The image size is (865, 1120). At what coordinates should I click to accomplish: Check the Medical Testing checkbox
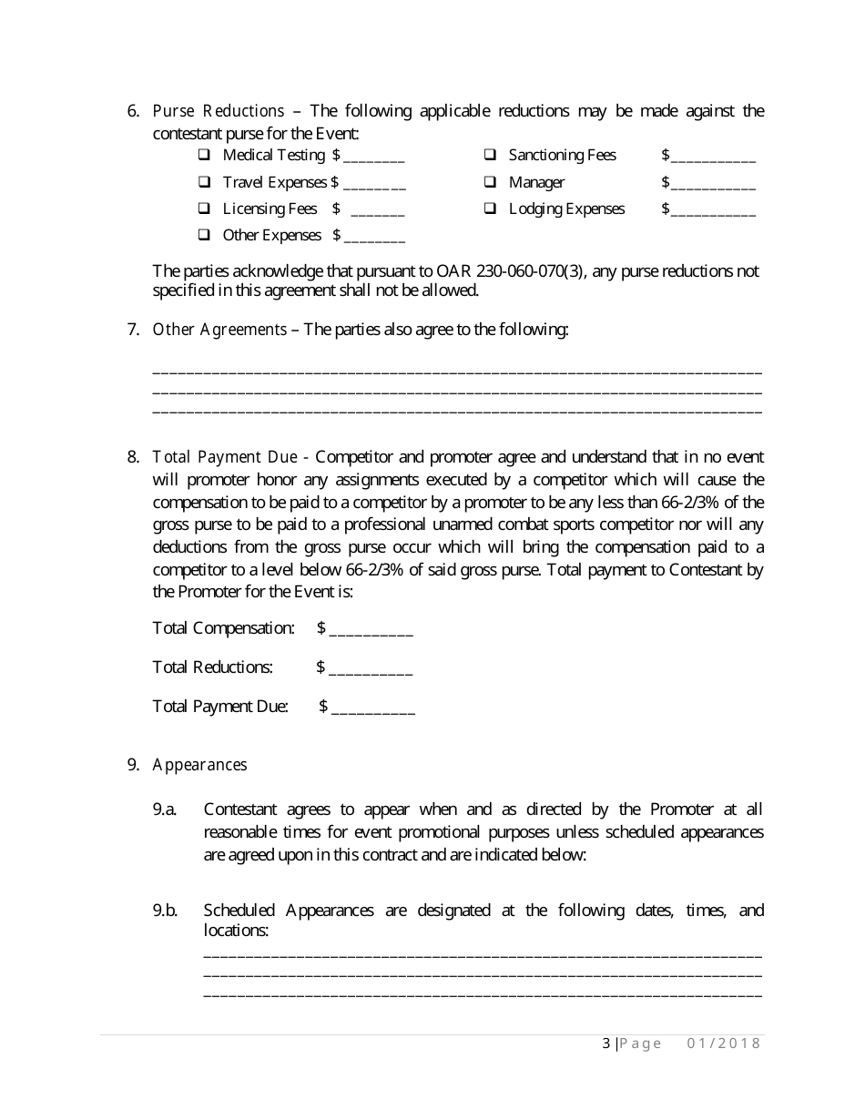click(x=204, y=155)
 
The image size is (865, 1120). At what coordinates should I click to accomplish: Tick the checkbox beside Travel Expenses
click(x=204, y=182)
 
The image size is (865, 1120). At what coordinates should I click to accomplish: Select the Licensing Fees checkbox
click(x=204, y=209)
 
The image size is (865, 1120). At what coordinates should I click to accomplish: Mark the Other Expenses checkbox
click(x=204, y=235)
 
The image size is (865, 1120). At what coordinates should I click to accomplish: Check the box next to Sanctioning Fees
click(x=490, y=155)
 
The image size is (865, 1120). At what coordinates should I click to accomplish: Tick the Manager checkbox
click(x=490, y=182)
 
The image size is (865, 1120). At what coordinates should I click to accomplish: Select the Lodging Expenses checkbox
click(x=490, y=209)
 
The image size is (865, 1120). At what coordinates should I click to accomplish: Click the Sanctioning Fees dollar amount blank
click(x=713, y=157)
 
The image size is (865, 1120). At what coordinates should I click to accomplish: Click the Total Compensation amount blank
click(x=371, y=630)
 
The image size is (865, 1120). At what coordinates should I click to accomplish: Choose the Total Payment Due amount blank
click(x=373, y=708)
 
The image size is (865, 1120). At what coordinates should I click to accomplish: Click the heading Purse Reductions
click(x=219, y=111)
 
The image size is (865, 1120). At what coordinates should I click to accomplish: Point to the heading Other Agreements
click(x=219, y=330)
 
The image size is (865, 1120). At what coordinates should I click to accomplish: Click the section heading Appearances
click(x=199, y=765)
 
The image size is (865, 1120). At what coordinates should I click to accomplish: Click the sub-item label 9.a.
click(x=165, y=809)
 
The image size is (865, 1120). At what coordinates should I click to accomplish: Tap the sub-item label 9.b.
click(x=165, y=911)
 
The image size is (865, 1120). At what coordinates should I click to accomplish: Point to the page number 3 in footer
click(x=606, y=1044)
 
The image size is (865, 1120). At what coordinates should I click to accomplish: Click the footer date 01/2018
click(x=723, y=1044)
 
